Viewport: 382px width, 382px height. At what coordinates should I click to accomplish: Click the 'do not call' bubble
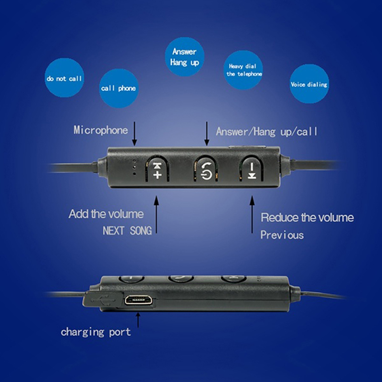pos(64,78)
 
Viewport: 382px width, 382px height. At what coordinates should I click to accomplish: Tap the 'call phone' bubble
pos(118,88)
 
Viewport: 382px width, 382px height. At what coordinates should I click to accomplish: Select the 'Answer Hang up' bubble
pos(185,57)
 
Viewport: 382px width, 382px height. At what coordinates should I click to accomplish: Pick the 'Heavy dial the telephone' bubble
pos(244,70)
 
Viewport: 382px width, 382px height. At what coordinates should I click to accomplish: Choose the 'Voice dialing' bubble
pos(309,85)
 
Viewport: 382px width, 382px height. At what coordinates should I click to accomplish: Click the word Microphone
pos(101,130)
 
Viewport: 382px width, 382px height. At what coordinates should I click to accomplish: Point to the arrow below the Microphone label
pos(134,134)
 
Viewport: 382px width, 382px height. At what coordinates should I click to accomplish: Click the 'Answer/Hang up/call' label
pos(266,131)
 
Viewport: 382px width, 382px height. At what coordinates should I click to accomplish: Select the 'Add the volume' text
pos(106,213)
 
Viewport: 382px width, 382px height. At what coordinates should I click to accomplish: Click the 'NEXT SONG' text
pos(127,231)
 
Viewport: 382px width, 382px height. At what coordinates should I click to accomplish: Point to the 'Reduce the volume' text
pos(307,218)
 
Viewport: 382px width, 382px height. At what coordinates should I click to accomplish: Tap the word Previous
pos(282,235)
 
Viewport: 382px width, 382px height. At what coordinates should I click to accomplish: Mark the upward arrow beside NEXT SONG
pos(157,213)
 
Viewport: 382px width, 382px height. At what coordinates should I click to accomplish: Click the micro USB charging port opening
pos(138,301)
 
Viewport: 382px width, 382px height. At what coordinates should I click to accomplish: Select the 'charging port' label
pos(95,331)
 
